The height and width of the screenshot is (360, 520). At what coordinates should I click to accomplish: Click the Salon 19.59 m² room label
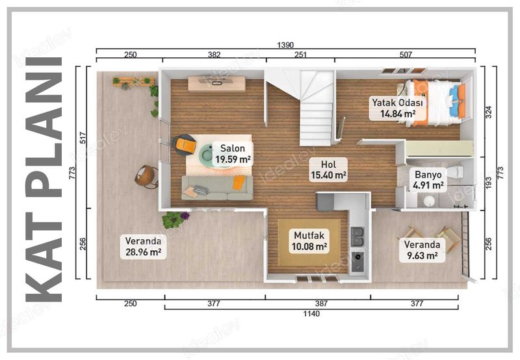(232, 153)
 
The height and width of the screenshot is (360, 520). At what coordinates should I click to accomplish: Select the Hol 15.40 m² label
(328, 169)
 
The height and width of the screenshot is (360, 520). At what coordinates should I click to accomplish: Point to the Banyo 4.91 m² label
(428, 179)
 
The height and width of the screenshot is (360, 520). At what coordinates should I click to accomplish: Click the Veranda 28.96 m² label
(143, 247)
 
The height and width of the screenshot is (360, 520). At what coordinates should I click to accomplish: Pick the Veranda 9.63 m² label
(422, 250)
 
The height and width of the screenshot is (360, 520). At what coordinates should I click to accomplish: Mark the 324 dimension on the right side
(489, 116)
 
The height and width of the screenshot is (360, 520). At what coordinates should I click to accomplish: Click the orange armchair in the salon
(186, 144)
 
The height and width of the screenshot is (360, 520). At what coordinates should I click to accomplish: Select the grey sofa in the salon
(218, 187)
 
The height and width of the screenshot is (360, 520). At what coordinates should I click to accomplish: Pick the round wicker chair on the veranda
(147, 176)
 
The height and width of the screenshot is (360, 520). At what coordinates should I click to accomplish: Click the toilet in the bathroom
(457, 172)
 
